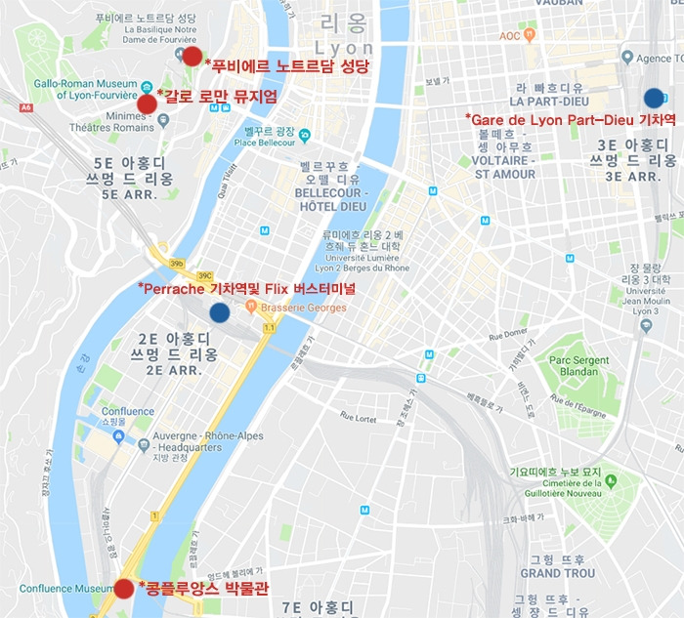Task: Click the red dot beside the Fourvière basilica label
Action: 192,57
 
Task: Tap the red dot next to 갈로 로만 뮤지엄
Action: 147,103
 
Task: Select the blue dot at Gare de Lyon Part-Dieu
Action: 654,98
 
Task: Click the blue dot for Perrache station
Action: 219,312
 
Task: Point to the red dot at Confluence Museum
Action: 124,588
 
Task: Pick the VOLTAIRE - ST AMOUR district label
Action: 504,167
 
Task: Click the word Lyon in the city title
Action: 345,49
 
